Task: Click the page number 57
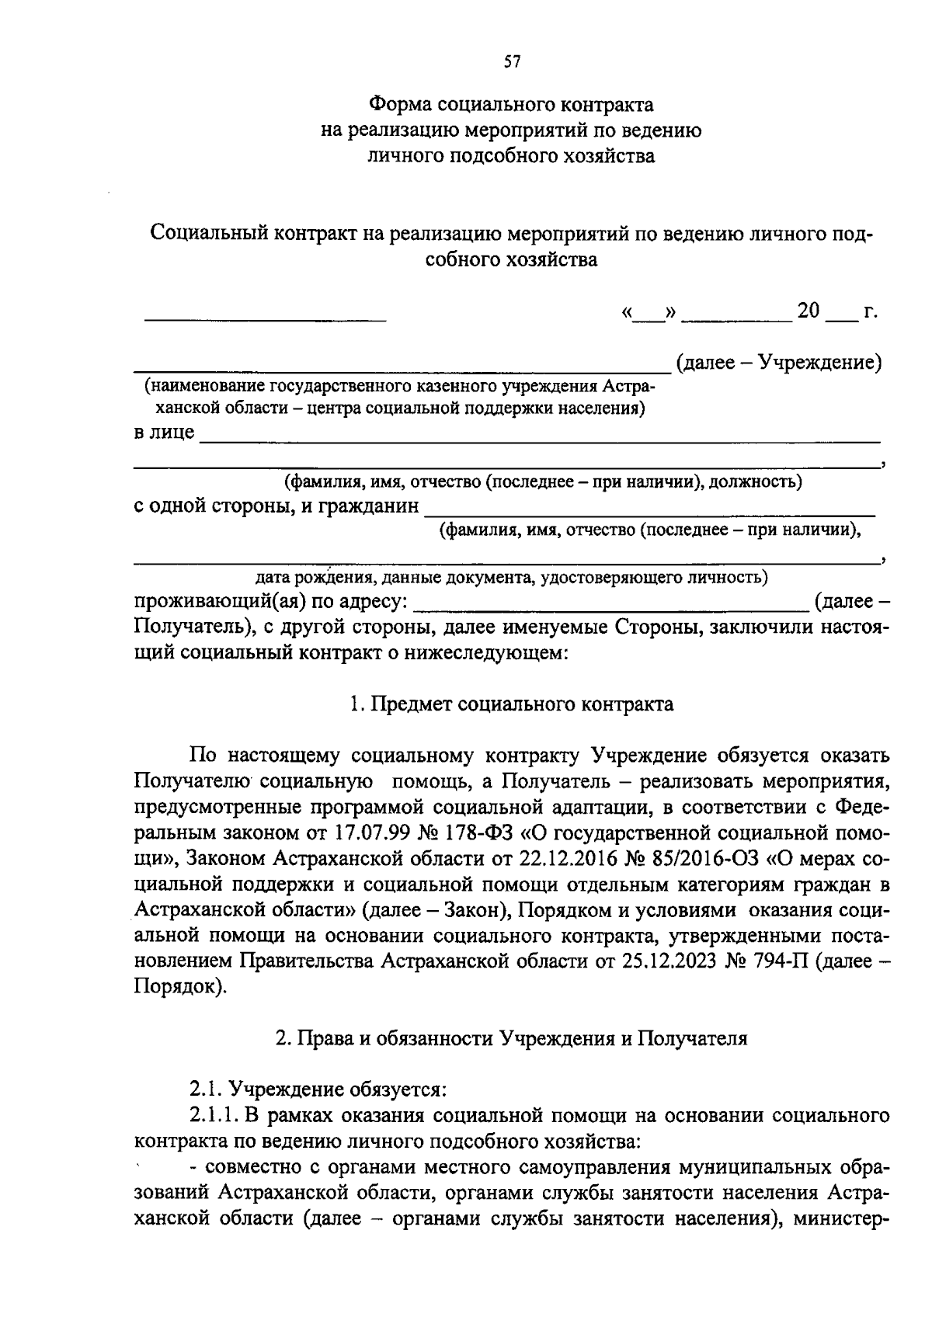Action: [511, 63]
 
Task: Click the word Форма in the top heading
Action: [399, 104]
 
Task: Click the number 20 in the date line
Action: [808, 311]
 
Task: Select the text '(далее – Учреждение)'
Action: [778, 363]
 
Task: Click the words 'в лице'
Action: [164, 432]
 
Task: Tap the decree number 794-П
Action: [781, 961]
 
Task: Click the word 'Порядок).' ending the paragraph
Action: [180, 986]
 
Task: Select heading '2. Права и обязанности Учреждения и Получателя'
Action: [511, 1038]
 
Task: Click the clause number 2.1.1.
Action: [214, 1116]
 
